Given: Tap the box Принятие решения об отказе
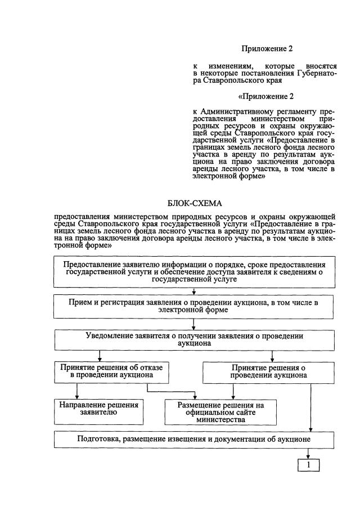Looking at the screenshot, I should click(x=111, y=371).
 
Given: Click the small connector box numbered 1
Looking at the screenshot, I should click(x=308, y=465).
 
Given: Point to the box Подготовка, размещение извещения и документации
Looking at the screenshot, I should click(x=194, y=439).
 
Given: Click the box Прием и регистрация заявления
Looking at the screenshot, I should click(x=194, y=307).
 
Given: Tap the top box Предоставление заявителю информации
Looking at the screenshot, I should click(x=194, y=272).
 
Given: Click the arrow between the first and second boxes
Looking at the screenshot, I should click(x=194, y=292).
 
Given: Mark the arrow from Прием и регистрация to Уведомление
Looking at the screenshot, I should click(x=194, y=325).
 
